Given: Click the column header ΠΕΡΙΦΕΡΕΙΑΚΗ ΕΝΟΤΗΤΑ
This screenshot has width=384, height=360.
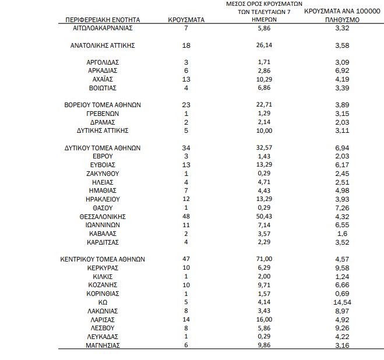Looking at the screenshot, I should pos(103,19).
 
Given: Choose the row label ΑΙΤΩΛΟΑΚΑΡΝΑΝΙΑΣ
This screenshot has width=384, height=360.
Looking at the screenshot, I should pos(103,28).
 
